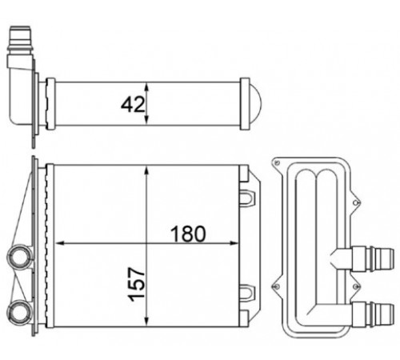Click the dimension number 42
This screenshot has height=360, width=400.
click(133, 104)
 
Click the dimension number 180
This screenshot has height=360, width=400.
click(188, 234)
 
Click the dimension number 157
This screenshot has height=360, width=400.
click(137, 284)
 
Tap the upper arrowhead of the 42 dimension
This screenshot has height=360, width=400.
click(146, 87)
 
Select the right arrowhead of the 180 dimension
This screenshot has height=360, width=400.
click(233, 243)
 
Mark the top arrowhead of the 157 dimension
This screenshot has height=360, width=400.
click(146, 170)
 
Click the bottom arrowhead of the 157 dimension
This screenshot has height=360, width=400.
click(146, 321)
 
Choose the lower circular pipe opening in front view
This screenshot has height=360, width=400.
click(18, 311)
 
